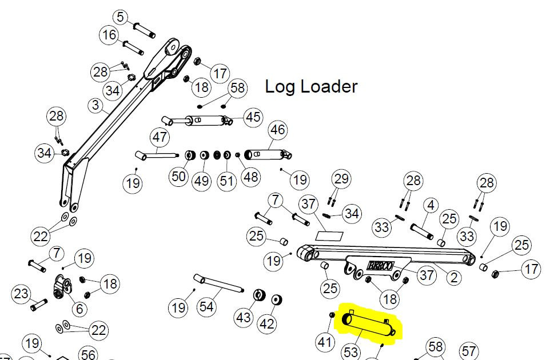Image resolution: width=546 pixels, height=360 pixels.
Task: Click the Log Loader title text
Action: pyautogui.click(x=311, y=87)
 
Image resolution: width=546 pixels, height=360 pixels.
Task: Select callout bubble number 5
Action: pyautogui.click(x=120, y=17)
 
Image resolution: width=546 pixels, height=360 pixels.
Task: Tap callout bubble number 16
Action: pyautogui.click(x=109, y=35)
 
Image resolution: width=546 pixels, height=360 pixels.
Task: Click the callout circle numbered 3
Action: pyautogui.click(x=95, y=106)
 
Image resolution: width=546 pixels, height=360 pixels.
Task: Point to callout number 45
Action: pyautogui.click(x=252, y=117)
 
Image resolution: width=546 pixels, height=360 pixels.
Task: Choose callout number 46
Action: pyautogui.click(x=277, y=130)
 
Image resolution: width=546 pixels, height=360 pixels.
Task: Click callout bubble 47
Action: pyautogui.click(x=160, y=138)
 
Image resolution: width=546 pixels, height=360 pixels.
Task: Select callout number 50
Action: pyautogui.click(x=179, y=176)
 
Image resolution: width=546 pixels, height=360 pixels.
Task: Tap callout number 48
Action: pyautogui.click(x=251, y=177)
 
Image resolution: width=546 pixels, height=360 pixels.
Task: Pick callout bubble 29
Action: pyautogui.click(x=341, y=179)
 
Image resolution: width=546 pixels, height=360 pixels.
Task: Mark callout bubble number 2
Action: pyautogui.click(x=453, y=278)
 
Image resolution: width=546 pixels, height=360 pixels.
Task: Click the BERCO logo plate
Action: pyautogui.click(x=380, y=266)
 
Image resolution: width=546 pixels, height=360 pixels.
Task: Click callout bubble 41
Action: pyautogui.click(x=325, y=342)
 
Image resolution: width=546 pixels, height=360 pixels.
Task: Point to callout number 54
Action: pyautogui.click(x=206, y=307)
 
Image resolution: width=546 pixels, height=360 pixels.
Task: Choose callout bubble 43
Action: pyautogui.click(x=244, y=317)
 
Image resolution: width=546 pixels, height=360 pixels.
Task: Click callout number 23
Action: pyautogui.click(x=21, y=294)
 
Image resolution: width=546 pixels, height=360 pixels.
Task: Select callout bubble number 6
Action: pyautogui.click(x=79, y=309)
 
